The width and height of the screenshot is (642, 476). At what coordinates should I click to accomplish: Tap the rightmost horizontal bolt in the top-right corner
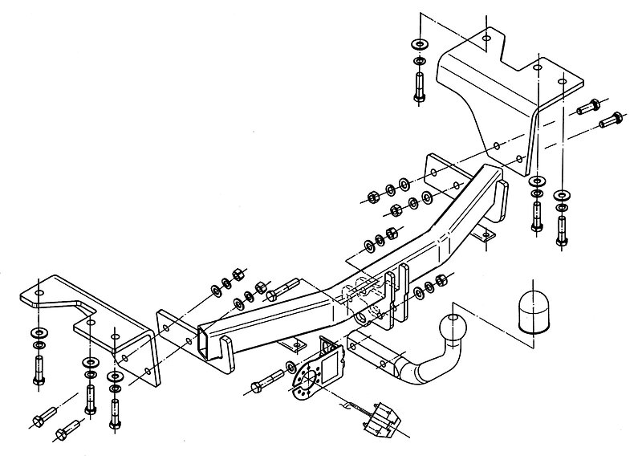612,119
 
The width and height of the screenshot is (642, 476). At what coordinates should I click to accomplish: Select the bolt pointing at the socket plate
265,381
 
